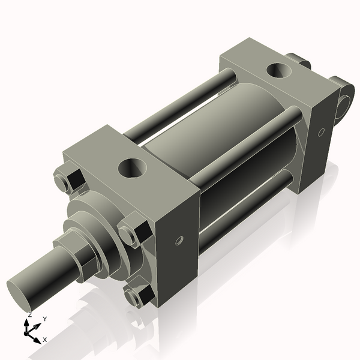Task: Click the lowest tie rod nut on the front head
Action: [x=137, y=297]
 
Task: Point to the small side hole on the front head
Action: [x=178, y=241]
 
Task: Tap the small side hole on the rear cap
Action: [x=321, y=131]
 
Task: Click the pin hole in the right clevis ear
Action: [x=344, y=106]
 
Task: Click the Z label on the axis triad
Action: [x=29, y=315]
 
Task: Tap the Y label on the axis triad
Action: [x=44, y=319]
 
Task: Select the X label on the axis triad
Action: [x=44, y=340]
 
